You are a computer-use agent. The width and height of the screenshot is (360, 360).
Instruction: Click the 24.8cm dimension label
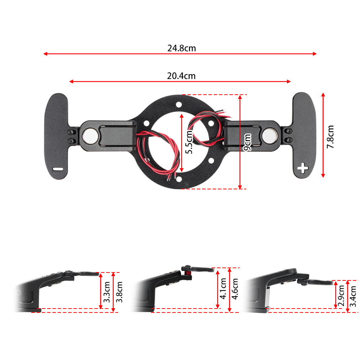[181, 48]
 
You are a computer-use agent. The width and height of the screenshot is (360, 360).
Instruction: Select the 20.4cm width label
[181, 76]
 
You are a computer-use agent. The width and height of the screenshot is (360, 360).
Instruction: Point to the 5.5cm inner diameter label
[189, 143]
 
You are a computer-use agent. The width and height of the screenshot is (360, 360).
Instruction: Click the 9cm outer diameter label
[247, 142]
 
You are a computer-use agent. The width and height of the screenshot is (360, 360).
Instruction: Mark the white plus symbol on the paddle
[303, 167]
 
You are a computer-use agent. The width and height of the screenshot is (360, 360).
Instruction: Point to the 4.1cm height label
[224, 289]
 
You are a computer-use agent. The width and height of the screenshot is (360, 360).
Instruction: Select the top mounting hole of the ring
[179, 105]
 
